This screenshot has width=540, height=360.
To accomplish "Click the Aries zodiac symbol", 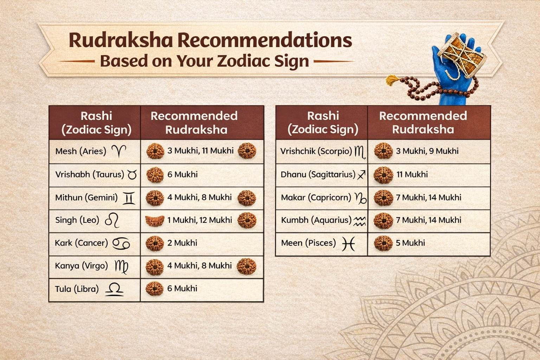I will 119,151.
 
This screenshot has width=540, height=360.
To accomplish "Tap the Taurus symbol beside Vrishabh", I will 132,175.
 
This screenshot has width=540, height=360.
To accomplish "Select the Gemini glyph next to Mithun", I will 129,198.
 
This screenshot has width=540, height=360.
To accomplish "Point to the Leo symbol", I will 112,220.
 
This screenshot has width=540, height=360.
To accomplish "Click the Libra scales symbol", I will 114,289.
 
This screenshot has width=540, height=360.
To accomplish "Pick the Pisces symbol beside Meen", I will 348,243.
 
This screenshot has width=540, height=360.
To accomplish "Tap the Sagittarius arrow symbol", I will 361,175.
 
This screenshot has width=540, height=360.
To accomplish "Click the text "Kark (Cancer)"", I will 81,243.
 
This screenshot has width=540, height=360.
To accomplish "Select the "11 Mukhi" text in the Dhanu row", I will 412,174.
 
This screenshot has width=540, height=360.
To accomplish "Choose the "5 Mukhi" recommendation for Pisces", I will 410,243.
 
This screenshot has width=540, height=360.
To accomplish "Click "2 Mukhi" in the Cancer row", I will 182,243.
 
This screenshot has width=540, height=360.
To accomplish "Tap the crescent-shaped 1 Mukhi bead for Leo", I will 155,220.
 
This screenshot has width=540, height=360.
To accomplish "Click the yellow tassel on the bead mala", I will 392,80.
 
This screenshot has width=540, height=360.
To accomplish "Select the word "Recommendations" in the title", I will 264,40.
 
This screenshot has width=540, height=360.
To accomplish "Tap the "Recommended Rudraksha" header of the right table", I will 423,122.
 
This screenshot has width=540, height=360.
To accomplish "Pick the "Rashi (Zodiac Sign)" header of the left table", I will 96,122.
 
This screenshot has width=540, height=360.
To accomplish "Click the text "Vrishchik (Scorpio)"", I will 316,151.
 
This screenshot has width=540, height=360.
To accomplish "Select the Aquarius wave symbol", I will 359,221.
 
